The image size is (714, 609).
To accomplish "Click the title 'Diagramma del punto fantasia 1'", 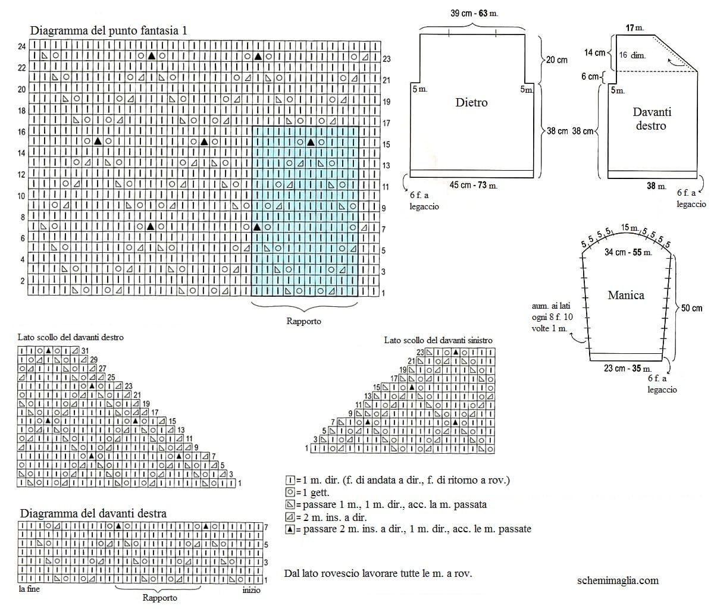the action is click(108, 31).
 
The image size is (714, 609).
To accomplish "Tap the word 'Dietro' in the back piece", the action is click(471, 102).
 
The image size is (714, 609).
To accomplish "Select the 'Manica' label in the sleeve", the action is click(626, 295).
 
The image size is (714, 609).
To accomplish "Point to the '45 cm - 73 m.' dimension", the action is click(474, 186).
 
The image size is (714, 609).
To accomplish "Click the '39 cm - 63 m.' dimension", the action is click(474, 14).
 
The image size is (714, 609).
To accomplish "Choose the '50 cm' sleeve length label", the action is click(691, 308).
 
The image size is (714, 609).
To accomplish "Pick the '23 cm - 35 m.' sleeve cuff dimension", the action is click(627, 368).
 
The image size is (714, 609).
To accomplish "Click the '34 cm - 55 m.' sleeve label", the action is click(628, 252).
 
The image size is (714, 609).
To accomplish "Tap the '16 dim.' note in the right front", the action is click(632, 55).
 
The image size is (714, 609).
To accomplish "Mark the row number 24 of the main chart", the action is click(22, 46).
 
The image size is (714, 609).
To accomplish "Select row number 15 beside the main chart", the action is click(386, 145).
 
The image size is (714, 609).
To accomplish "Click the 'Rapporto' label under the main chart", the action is click(303, 321).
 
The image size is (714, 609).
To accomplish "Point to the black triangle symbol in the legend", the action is click(290, 529).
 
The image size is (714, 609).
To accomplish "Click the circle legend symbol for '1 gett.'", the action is click(290, 492).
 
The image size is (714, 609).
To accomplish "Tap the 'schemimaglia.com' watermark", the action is click(618, 580).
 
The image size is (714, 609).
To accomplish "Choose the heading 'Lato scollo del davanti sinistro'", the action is click(439, 340).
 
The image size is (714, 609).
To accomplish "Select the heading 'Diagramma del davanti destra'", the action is click(93, 514).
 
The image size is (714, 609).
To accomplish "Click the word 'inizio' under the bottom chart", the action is click(252, 590).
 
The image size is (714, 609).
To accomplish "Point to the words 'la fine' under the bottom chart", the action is click(29, 589).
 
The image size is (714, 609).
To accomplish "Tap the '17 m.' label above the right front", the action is click(635, 27).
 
